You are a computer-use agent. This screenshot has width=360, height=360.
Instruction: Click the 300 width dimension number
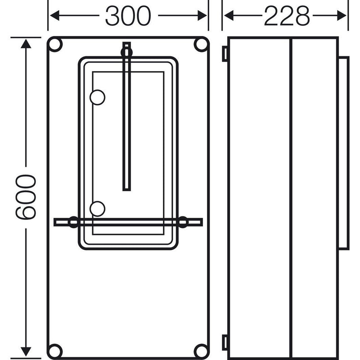point(128,16)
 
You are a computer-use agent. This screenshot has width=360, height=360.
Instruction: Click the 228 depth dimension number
point(287,16)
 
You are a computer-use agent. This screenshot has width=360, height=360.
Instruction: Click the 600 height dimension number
point(26,197)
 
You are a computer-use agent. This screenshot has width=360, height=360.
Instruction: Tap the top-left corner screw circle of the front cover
point(54,44)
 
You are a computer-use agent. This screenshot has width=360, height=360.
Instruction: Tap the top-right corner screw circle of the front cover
point(201,44)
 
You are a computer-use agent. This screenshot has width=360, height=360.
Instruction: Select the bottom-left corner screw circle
point(54,351)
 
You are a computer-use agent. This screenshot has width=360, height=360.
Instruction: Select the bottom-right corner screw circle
point(201,351)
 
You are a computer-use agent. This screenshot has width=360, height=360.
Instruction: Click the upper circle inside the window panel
point(98,97)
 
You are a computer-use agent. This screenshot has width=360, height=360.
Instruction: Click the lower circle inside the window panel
point(98,209)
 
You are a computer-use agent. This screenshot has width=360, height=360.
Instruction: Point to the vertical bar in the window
point(127,117)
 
